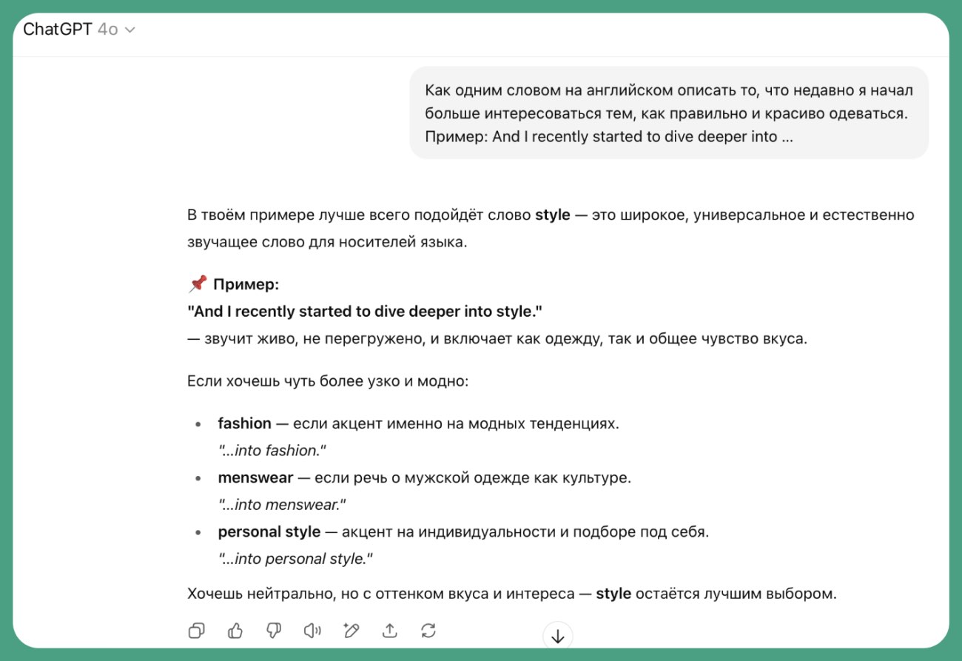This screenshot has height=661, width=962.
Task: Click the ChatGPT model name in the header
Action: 57,30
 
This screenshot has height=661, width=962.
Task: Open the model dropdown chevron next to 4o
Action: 130,30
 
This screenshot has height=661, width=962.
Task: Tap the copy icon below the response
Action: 197,631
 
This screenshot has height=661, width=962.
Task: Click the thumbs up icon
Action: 235,631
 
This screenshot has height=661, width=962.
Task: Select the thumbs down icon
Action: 274,631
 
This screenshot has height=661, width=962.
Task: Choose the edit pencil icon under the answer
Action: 351,631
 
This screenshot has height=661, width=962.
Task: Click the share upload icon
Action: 389,631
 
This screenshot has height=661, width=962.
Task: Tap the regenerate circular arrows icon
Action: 428,631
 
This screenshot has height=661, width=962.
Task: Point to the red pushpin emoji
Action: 197,284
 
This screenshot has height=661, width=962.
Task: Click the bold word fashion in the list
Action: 244,423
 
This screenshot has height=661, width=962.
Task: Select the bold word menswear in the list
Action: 255,477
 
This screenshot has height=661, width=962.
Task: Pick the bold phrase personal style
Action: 269,531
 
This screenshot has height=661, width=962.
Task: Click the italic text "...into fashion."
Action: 272,450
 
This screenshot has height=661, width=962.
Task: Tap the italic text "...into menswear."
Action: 282,505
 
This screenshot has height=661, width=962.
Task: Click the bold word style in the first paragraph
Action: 552,215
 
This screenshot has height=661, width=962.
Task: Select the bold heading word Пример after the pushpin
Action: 246,285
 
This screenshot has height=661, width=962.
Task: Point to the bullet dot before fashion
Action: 198,425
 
